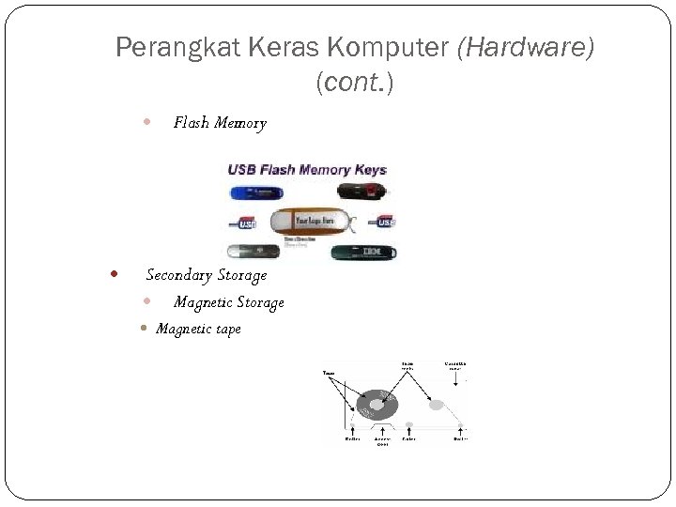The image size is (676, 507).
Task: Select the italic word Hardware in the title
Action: (525, 47)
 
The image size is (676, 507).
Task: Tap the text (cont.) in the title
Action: (355, 83)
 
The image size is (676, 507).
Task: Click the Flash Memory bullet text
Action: (220, 123)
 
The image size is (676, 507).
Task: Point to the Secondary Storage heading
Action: (206, 275)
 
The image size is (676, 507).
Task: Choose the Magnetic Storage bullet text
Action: (228, 302)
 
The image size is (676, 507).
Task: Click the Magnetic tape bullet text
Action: (198, 329)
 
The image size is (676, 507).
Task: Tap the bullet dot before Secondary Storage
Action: (114, 275)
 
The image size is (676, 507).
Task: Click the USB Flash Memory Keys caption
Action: (307, 170)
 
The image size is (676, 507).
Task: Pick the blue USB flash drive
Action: (254, 192)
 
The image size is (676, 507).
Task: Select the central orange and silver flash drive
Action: (311, 222)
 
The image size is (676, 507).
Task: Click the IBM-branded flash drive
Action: (366, 252)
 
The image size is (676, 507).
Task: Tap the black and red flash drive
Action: (363, 192)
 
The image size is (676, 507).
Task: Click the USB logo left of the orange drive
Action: (247, 223)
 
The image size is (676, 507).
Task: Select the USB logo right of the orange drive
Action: (384, 223)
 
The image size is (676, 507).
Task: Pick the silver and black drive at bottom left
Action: (254, 252)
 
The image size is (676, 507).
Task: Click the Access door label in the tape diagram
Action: (383, 440)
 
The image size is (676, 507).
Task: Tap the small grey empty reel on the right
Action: (437, 405)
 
